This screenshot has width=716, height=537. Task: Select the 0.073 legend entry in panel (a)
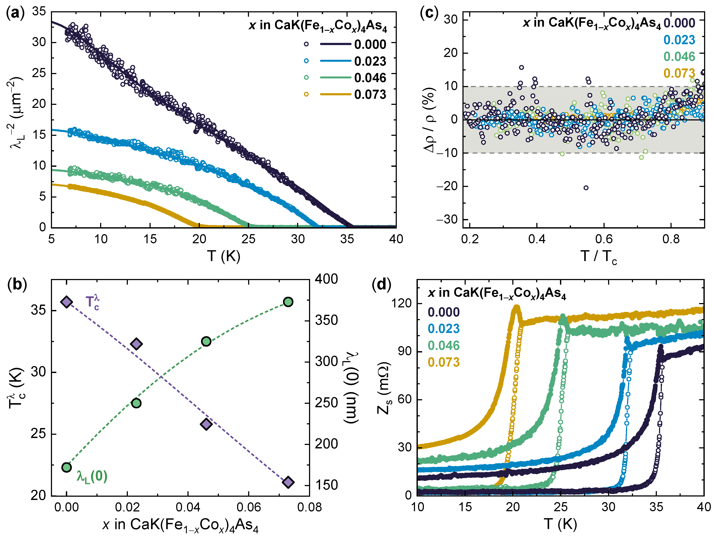(370, 94)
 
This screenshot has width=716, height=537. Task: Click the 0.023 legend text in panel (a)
(370, 61)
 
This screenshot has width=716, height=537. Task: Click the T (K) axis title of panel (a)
(224, 256)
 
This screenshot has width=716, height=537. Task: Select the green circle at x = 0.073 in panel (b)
(288, 302)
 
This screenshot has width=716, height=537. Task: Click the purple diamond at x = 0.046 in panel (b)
(206, 424)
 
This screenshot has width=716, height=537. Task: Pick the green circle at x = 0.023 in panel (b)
(136, 403)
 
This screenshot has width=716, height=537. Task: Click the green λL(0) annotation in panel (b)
(92, 477)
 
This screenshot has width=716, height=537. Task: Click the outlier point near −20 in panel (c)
(586, 188)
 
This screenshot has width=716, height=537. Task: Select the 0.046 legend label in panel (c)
(679, 57)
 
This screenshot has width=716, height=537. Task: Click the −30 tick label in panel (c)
(447, 220)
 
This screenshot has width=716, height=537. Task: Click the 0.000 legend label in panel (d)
(443, 312)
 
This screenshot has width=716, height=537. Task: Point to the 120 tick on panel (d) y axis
(401, 303)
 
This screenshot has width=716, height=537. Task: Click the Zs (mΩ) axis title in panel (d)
(384, 388)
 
